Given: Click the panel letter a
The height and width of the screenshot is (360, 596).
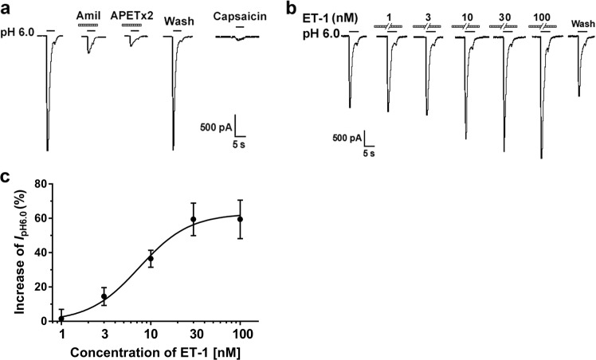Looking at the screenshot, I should pos(6,7).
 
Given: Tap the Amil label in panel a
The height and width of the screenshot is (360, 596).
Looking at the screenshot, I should pos(88,15).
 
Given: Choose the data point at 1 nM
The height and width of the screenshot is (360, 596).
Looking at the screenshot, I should pos(62,319).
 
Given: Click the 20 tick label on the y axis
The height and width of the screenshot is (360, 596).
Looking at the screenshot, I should pos(43,287).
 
